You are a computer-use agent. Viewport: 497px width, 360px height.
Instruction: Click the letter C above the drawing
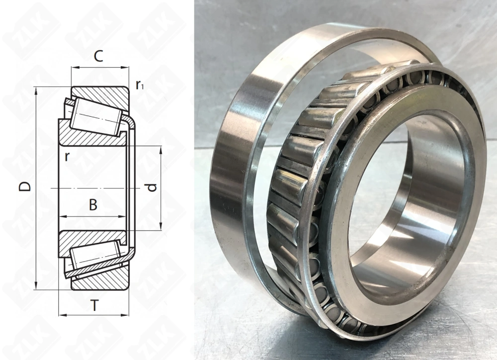click(98, 57)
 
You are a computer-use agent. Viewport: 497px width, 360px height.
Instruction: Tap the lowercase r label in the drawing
click(66, 156)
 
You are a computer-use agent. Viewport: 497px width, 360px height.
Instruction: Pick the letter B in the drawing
click(93, 205)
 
